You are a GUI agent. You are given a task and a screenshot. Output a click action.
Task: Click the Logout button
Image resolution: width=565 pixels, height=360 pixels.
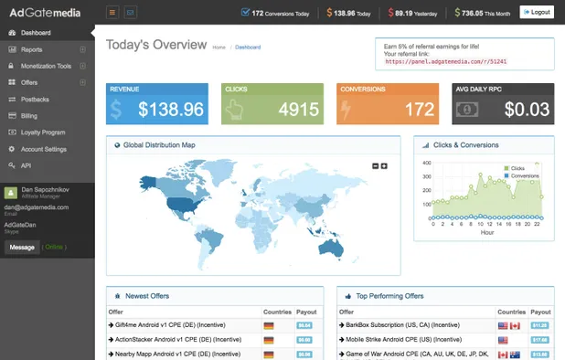tap(537, 12)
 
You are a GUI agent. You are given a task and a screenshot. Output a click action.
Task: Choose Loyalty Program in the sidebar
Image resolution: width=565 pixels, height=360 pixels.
tap(42, 132)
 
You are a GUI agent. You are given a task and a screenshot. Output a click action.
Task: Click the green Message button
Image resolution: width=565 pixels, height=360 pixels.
tap(22, 247)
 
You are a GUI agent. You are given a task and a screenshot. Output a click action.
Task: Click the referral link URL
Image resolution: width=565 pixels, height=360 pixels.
tap(445, 61)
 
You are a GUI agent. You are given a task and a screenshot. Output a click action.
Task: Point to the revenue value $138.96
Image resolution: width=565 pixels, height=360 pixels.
tap(171, 110)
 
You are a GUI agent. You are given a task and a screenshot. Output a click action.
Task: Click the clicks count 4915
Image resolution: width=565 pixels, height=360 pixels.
tap(299, 110)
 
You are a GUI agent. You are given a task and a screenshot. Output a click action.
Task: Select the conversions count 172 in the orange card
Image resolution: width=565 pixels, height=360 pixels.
tap(420, 110)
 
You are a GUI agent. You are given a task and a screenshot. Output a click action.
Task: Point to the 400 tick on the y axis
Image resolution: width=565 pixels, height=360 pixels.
tap(425, 163)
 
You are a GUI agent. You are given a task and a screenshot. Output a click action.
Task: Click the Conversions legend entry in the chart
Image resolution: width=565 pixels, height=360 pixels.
tap(523, 175)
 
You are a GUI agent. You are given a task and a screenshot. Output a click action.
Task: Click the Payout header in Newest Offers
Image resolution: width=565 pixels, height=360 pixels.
tap(306, 312)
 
